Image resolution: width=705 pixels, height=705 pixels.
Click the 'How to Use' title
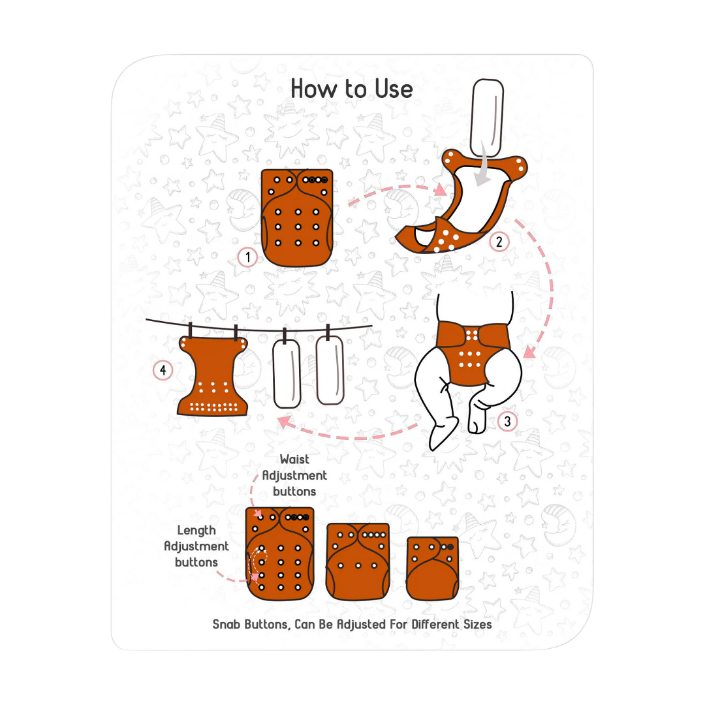352,89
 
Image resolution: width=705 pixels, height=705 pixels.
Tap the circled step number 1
247,257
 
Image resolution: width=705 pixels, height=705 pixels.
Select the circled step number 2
499,242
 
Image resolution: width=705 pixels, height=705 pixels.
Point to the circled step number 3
508,421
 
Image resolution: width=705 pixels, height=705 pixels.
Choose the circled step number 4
163,370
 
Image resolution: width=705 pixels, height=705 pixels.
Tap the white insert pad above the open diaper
487,117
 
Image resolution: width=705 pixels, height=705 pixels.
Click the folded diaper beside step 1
297,217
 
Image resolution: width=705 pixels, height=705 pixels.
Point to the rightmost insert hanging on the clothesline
330,370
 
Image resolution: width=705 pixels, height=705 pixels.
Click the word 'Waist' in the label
294,460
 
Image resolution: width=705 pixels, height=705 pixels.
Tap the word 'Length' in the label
196,531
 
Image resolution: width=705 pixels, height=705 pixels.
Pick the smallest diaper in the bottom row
433,569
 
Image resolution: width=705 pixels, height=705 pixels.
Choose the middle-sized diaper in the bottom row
358,561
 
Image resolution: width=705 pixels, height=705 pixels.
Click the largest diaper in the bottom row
279,554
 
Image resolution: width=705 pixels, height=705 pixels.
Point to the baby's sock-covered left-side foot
443,433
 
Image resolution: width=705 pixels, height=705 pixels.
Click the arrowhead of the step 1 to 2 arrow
441,191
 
